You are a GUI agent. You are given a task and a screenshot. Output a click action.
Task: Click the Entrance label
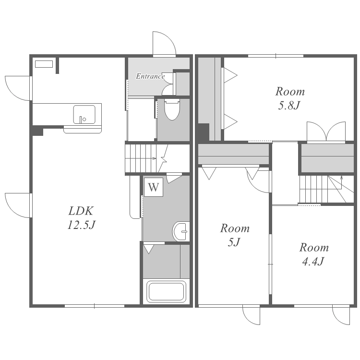tap(150, 76)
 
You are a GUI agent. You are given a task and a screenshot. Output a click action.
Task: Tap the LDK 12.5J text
tap(81, 217)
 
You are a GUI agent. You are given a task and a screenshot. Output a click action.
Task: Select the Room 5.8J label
tap(290, 98)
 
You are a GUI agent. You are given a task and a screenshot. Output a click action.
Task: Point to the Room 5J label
tap(235, 235)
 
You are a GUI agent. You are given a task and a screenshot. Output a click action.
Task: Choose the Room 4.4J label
tap(314, 254)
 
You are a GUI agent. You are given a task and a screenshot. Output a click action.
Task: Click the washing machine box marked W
tap(154, 187)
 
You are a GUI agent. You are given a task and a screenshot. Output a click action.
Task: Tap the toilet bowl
tap(172, 110)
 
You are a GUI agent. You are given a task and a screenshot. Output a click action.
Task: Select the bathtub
tap(166, 292)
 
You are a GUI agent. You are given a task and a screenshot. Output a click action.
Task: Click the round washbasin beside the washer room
tap(180, 231)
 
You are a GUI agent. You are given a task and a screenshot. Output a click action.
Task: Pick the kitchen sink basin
tap(84, 114)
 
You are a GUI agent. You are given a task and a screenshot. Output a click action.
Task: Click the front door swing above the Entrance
tap(164, 44)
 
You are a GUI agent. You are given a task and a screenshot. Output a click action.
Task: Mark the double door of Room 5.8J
tap(326, 132)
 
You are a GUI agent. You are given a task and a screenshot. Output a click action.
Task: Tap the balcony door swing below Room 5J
tap(251, 315)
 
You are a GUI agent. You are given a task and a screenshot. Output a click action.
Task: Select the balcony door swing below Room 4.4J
tap(341, 315)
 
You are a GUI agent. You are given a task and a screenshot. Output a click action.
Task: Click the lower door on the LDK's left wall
tap(18, 205)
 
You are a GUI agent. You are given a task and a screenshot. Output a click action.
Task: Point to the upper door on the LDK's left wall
tap(18, 88)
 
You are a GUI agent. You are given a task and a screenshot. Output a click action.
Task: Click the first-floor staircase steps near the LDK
tap(141, 158)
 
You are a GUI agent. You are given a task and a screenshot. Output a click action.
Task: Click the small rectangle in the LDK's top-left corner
tap(44, 64)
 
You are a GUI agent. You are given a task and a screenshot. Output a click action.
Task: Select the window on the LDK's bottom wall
tap(95, 306)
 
